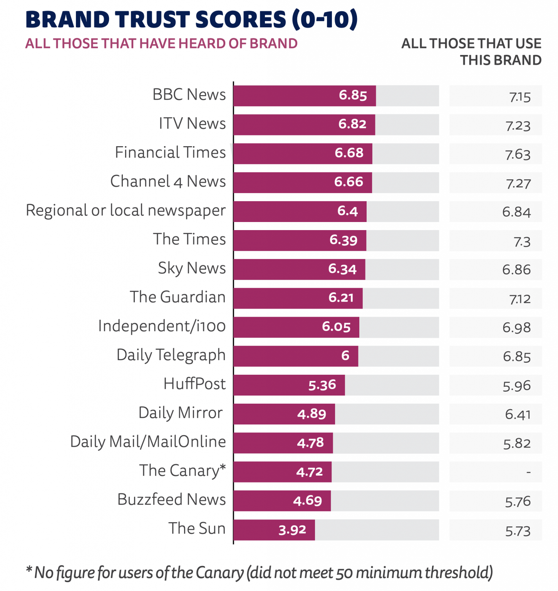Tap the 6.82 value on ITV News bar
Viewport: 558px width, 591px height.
pos(352,124)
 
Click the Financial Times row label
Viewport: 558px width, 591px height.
pos(170,153)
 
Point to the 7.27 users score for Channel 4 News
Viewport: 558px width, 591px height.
pos(518,184)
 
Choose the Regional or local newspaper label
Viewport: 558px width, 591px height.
pos(126,210)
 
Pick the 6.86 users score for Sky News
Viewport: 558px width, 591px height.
pos(516,270)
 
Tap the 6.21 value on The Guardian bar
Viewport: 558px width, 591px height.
pos(341,297)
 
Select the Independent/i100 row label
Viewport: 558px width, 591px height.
pos(162,326)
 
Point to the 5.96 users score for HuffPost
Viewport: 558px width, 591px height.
pos(516,386)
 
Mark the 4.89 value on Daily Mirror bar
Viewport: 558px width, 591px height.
pos(312,414)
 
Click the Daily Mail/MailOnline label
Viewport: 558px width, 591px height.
pos(148,442)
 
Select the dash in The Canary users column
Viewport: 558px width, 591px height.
pos(528,472)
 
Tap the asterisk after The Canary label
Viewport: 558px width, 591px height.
pos(222,467)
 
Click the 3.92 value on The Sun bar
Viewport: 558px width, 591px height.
pos(292,530)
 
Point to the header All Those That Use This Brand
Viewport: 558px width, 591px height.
pos(471,52)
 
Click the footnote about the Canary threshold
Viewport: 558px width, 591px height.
pos(259,573)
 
